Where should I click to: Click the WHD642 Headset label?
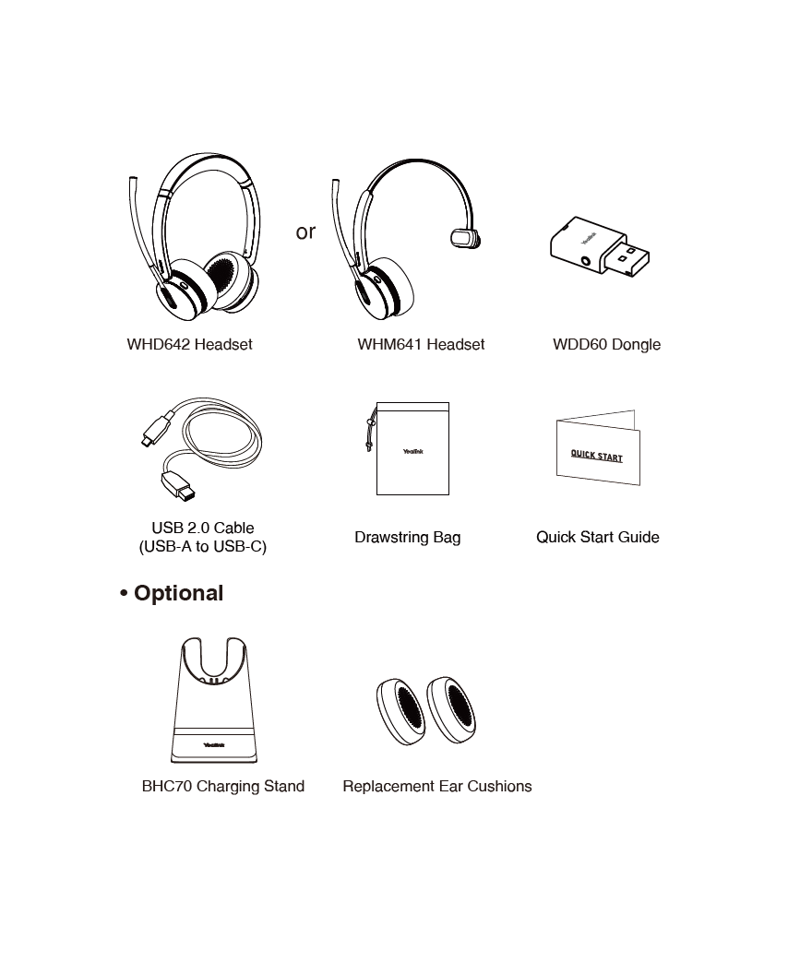189,344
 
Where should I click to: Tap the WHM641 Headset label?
421,344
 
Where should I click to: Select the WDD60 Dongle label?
606,345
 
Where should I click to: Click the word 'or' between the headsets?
305,232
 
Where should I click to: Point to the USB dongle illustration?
600,246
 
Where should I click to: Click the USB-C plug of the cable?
157,429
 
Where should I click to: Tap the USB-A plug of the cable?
178,485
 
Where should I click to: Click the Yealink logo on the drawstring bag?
413,452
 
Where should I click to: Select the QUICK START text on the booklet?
596,456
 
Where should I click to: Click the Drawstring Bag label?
408,538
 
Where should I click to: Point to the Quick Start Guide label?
598,538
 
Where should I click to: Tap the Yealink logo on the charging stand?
214,744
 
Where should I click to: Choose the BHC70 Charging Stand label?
223,787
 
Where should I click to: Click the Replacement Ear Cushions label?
437,787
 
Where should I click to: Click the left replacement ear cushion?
400,711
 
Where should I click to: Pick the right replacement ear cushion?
451,709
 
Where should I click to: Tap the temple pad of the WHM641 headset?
465,239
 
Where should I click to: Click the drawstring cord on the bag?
371,428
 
